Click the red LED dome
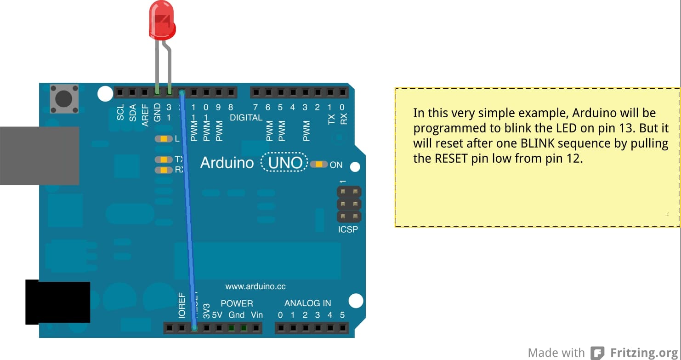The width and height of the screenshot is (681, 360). point(162,21)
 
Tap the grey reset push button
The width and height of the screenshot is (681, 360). point(64,98)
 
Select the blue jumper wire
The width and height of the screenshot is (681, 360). point(187,207)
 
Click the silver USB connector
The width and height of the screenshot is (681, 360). point(40,156)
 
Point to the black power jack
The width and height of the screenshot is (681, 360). point(57,302)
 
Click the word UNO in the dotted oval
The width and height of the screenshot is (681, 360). point(285,163)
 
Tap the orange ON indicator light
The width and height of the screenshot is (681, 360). point(319,165)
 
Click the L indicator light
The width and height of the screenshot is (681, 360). point(164,139)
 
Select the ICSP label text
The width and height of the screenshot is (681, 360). point(348,229)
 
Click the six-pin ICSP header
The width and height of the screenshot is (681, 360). point(349,204)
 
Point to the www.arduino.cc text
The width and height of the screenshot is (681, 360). point(255,286)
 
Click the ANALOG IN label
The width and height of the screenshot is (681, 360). point(307,303)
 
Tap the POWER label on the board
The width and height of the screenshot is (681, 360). point(237,303)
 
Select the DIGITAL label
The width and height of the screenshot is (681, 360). point(246,118)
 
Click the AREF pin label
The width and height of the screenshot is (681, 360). point(145,115)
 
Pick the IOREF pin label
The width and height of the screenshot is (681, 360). point(182,305)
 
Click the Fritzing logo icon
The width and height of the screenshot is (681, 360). point(597,353)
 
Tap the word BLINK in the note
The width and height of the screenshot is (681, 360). point(539,143)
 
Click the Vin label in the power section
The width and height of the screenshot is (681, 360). point(257,315)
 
